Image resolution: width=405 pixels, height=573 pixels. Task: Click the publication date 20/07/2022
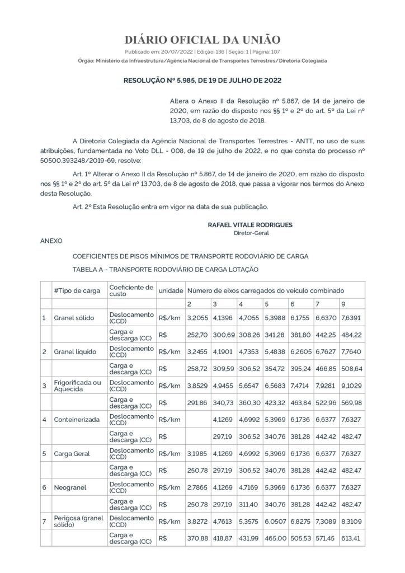click(170, 51)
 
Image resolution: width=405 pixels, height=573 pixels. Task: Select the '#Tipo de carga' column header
click(77, 291)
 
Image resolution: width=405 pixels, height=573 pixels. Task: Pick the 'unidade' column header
click(171, 291)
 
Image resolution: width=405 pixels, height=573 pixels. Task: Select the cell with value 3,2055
click(197, 318)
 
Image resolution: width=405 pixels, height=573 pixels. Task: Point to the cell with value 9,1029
click(351, 386)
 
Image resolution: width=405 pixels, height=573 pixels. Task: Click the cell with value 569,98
click(351, 402)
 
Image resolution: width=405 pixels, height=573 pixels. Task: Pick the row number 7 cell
click(44, 520)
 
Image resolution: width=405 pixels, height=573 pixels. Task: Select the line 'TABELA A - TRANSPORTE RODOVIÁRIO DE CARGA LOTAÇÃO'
click(166, 269)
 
